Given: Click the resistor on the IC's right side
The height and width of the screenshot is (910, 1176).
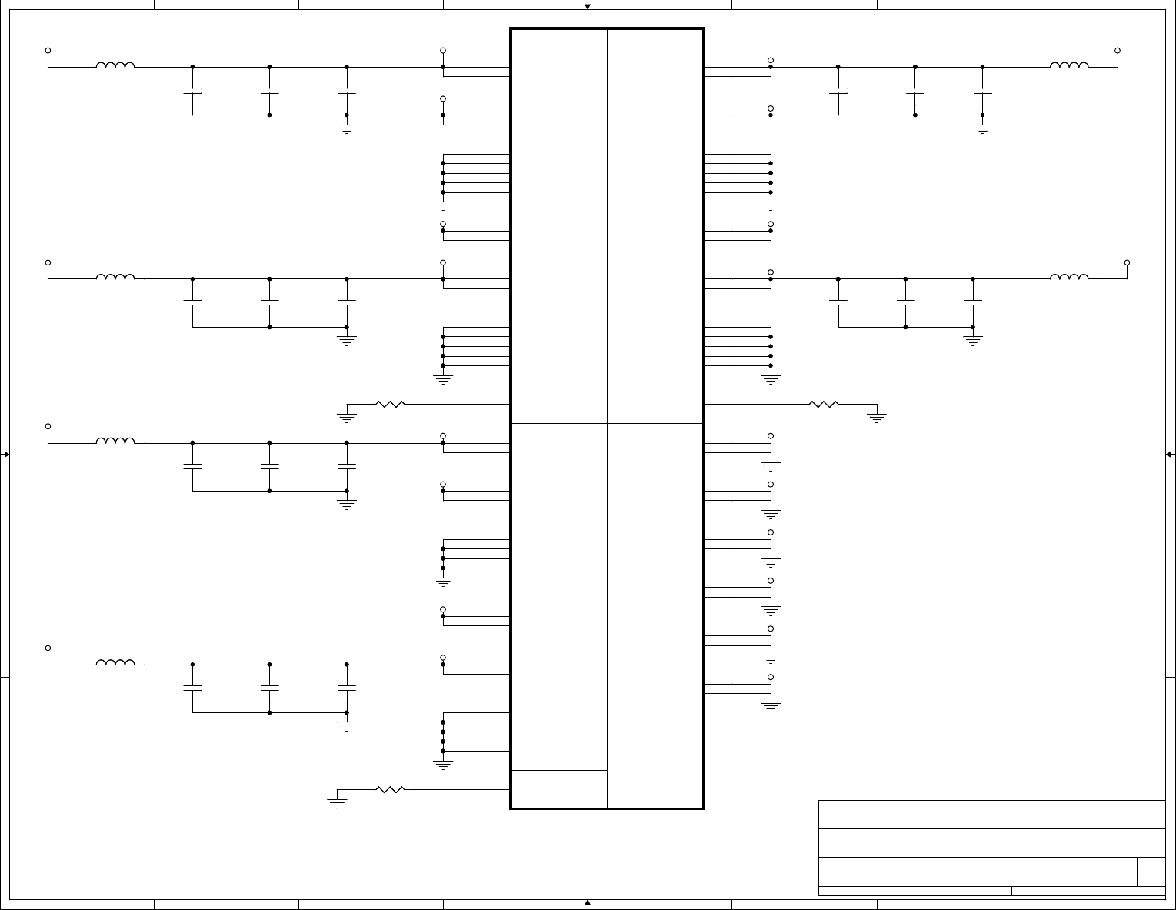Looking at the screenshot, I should pyautogui.click(x=823, y=404).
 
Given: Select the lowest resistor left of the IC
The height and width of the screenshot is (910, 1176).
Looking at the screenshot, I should pyautogui.click(x=390, y=789).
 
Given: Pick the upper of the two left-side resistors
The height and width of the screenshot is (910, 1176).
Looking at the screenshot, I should pyautogui.click(x=390, y=404).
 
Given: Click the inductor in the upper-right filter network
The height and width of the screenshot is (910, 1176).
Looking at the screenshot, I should pyautogui.click(x=1069, y=66).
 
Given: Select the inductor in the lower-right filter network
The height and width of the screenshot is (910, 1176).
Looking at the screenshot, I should pyautogui.click(x=1069, y=278).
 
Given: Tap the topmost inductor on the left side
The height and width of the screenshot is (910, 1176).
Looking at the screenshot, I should pyautogui.click(x=115, y=66).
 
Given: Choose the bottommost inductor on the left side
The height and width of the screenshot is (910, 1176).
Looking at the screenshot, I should pyautogui.click(x=115, y=663).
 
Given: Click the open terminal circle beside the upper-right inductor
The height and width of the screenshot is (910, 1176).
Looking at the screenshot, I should pyautogui.click(x=1118, y=51).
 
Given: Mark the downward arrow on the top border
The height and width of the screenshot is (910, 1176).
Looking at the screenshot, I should pyautogui.click(x=588, y=6).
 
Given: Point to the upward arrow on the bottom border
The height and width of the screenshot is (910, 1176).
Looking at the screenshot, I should pyautogui.click(x=588, y=903).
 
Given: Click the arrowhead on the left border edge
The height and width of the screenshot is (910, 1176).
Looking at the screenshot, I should pyautogui.click(x=6, y=455).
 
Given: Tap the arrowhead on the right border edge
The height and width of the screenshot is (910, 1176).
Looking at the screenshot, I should pyautogui.click(x=1169, y=455).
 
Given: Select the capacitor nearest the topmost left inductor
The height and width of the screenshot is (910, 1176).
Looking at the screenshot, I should pyautogui.click(x=192, y=90).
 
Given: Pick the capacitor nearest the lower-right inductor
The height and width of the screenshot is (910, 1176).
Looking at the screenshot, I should pyautogui.click(x=973, y=302).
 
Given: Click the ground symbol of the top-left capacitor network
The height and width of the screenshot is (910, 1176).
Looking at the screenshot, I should pyautogui.click(x=347, y=128).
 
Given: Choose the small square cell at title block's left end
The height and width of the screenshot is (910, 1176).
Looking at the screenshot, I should pyautogui.click(x=833, y=872).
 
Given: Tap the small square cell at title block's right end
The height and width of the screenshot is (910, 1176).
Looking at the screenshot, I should pyautogui.click(x=1151, y=872).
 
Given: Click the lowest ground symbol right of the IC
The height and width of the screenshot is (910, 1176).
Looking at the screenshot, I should pyautogui.click(x=771, y=706).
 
